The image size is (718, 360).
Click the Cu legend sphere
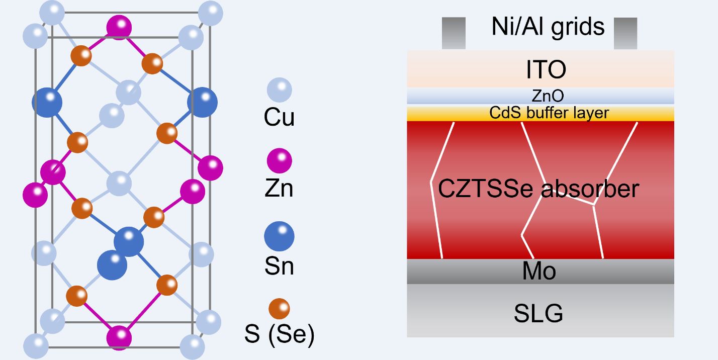pyautogui.click(x=279, y=91)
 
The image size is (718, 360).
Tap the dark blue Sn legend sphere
pyautogui.click(x=279, y=236)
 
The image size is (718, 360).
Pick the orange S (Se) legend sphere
pyautogui.click(x=279, y=308)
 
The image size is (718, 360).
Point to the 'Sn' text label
pyautogui.click(x=279, y=266)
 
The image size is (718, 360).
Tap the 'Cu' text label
pyautogui.click(x=279, y=118)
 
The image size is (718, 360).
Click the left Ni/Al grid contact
pyautogui.click(x=454, y=33)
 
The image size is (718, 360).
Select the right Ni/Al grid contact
pyautogui.click(x=625, y=33)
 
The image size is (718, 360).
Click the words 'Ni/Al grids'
pyautogui.click(x=548, y=26)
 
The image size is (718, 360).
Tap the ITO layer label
pyautogui.click(x=546, y=70)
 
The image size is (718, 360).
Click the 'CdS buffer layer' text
pyautogui.click(x=549, y=113)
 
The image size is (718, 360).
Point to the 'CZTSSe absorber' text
pyautogui.click(x=538, y=190)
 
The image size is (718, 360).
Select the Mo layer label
pyautogui.click(x=539, y=272)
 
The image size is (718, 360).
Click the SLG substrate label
pyautogui.click(x=538, y=313)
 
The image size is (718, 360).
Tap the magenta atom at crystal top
pyautogui.click(x=119, y=27)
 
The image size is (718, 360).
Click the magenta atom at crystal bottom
pyautogui.click(x=119, y=337)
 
